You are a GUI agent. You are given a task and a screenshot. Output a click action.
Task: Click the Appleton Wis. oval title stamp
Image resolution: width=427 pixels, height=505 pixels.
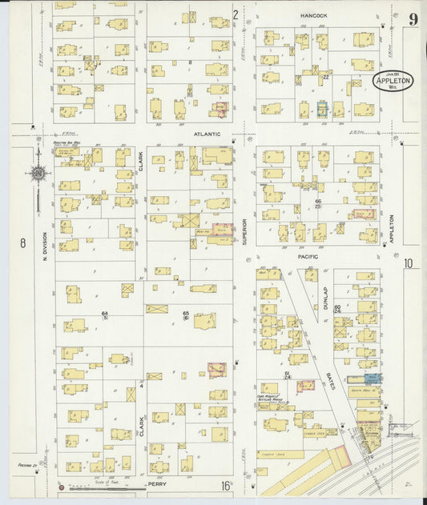[x=393, y=82]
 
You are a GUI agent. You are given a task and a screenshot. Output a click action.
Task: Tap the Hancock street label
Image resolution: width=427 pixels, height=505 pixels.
[x=315, y=15]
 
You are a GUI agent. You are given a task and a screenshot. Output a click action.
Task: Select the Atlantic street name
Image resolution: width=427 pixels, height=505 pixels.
[x=207, y=135]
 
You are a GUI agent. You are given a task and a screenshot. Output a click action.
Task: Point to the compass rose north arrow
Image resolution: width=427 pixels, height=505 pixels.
[x=38, y=172]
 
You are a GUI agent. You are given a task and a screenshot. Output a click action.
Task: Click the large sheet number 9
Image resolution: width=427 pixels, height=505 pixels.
[x=413, y=19]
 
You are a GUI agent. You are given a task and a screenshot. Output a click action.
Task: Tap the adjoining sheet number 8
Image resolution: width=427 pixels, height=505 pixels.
[x=23, y=242]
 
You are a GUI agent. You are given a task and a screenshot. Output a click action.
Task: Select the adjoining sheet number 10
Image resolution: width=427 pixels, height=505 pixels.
[x=409, y=263]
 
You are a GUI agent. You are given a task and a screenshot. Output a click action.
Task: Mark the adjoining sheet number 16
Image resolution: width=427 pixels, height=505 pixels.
[x=228, y=486]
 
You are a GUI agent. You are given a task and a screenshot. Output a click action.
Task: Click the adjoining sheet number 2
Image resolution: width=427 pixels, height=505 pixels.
[x=236, y=14]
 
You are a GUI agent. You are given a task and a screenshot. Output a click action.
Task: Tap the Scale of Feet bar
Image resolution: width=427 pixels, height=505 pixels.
[x=104, y=486]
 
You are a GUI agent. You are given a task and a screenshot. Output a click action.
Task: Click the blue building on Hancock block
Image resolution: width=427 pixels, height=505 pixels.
[x=322, y=108]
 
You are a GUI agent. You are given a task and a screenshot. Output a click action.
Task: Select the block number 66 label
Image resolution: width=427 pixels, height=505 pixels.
[x=317, y=202]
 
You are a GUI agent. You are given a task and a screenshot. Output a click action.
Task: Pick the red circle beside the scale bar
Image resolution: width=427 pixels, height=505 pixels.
[x=60, y=486]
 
